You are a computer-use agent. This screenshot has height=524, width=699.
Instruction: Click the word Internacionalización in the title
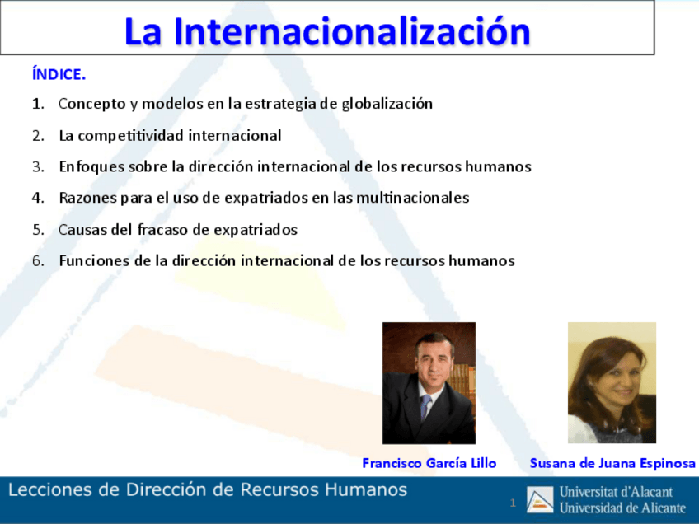(x=353, y=31)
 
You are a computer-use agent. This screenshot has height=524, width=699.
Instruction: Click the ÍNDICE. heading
(x=59, y=75)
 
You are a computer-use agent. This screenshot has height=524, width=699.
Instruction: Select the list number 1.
(x=38, y=104)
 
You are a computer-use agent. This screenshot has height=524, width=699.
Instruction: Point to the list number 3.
(x=38, y=166)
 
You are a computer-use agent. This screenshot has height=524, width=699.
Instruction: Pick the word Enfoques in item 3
(x=87, y=166)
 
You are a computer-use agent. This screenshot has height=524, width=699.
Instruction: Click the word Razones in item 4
(x=84, y=198)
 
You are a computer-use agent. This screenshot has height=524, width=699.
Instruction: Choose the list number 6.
(x=38, y=260)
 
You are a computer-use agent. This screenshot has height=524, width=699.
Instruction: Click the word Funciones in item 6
(x=89, y=260)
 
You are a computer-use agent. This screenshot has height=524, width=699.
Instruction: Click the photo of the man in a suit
(x=429, y=382)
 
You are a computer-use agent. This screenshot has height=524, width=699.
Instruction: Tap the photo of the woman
(x=612, y=382)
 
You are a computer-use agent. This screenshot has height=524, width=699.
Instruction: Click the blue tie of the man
(x=426, y=407)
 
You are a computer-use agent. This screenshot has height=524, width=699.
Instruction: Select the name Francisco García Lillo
(x=429, y=463)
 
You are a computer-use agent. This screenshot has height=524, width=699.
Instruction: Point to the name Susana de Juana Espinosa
(x=612, y=463)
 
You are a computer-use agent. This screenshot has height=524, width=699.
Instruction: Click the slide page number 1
(x=513, y=503)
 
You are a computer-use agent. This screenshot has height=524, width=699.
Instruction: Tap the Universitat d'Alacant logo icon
(x=541, y=500)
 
